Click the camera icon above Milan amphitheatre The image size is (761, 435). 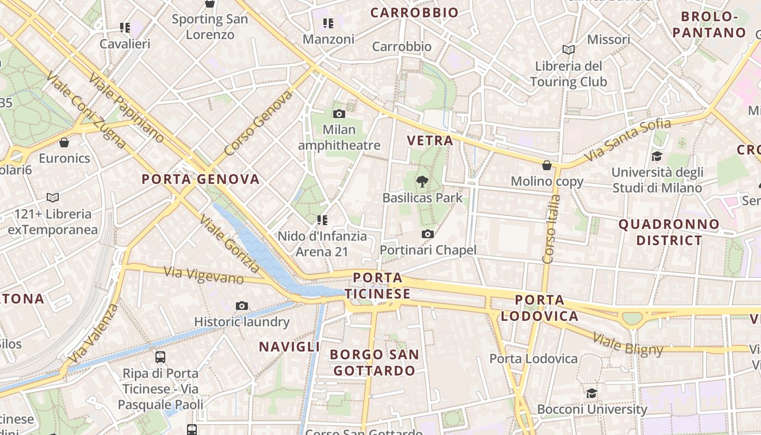(x=339, y=114)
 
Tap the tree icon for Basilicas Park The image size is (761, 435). (x=422, y=182)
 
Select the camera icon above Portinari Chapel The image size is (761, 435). (x=428, y=234)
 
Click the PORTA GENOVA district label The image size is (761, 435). (x=201, y=179)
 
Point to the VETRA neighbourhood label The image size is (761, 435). (x=430, y=140)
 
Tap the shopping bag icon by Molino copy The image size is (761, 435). (x=547, y=165)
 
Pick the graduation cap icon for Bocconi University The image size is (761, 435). (x=591, y=393)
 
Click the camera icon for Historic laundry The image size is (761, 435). (x=242, y=306)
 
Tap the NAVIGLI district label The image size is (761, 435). (x=289, y=346)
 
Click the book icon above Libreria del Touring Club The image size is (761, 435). (x=569, y=50)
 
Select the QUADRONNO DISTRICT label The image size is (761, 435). (x=669, y=232)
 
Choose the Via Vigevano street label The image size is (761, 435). (x=204, y=275)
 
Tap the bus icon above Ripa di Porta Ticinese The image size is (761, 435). (x=160, y=357)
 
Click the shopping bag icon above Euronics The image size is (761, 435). (x=64, y=142)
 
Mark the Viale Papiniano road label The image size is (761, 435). (x=126, y=108)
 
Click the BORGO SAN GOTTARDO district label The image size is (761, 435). (x=375, y=363)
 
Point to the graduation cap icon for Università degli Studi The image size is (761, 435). (x=657, y=156)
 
